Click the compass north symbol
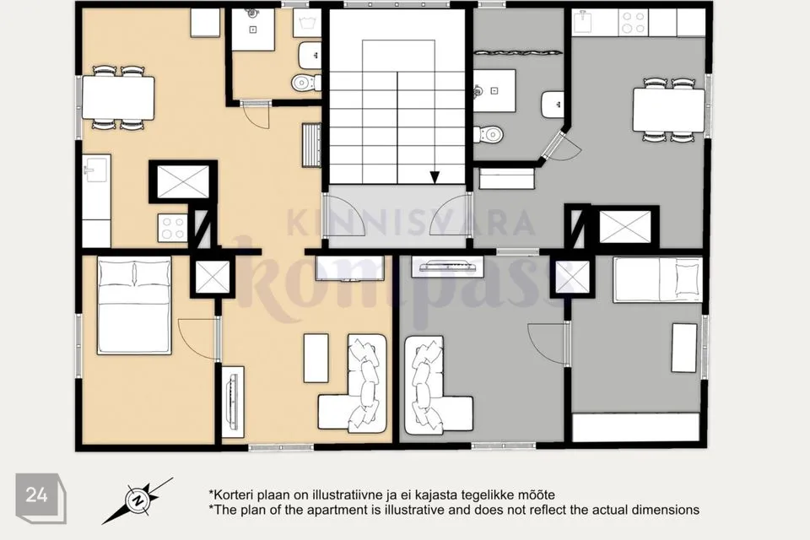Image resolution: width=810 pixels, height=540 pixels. tap(138, 500)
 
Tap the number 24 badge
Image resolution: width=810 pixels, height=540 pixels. tap(40, 497)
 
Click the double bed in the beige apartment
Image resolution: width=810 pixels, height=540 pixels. tap(134, 305)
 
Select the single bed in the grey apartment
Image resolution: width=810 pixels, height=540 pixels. tap(657, 279)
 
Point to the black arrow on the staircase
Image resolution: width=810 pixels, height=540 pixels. tap(435, 177)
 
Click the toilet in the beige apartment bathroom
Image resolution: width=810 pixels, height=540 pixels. tap(306, 82)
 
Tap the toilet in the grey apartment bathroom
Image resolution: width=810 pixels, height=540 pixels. tap(488, 134)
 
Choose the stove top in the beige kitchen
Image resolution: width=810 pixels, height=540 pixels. tap(172, 228)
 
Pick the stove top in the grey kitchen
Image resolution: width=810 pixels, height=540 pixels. tap(634, 23)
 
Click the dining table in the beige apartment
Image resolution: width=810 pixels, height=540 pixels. tap(118, 98)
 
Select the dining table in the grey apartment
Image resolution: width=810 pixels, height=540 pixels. tap(668, 110)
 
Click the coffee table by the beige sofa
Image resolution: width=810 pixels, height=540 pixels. tap(316, 358)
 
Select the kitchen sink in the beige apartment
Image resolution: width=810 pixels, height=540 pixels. tap(96, 169)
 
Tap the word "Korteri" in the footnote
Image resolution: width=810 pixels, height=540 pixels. tap(229, 495)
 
